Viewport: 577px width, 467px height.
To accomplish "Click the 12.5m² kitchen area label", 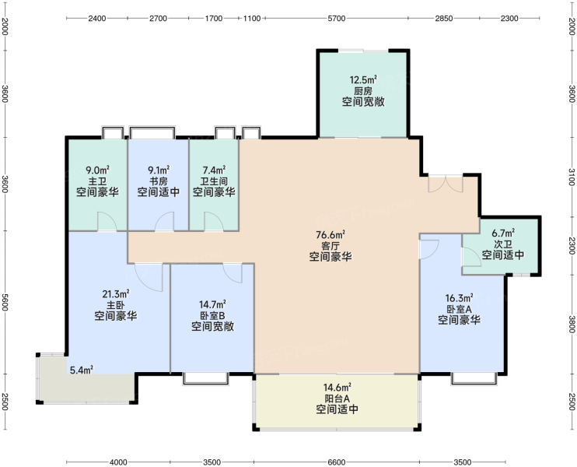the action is [x=363, y=79].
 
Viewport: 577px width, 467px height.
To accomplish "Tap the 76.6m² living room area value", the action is [x=330, y=234].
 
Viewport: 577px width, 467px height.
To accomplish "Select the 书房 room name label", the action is [x=158, y=181].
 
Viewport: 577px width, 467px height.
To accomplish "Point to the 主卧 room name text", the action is [x=116, y=305].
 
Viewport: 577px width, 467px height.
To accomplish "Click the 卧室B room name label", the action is [x=212, y=316].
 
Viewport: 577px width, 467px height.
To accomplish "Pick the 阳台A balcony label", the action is [x=337, y=399].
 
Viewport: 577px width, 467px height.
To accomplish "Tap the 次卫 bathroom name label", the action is [x=503, y=244].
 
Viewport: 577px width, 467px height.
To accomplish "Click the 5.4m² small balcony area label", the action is [x=82, y=370].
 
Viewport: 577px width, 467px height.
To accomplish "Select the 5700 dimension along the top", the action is [x=337, y=19].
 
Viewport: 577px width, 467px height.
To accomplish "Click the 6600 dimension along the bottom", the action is [x=337, y=462].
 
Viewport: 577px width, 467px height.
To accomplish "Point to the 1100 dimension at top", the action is [x=252, y=19].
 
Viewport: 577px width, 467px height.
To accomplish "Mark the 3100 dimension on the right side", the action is [x=571, y=177].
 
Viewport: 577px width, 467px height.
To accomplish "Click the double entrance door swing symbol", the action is [x=446, y=184].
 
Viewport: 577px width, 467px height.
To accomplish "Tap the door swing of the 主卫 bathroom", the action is [x=107, y=221].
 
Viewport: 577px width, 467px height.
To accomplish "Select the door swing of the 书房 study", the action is [x=164, y=221].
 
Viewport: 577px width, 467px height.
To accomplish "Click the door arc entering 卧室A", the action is [x=429, y=249].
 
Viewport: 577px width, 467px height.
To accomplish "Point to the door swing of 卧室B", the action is [x=233, y=273].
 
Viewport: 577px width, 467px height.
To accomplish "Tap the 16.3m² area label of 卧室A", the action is [x=460, y=297].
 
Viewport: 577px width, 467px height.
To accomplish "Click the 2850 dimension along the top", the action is [x=444, y=19].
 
